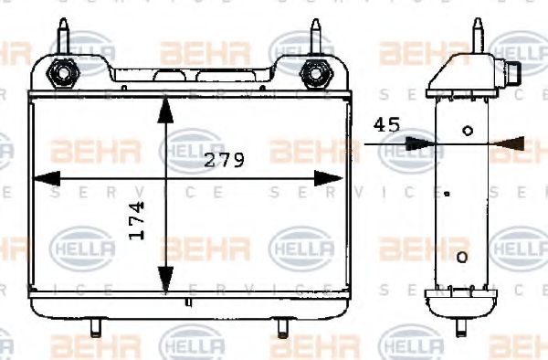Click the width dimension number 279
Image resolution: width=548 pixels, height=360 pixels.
[x=224, y=161]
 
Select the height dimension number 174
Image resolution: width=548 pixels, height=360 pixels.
[x=137, y=221]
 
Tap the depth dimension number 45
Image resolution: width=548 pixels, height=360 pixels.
[x=386, y=125]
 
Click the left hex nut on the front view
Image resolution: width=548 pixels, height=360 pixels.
[x=65, y=70]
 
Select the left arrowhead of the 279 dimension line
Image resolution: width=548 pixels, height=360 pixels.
[x=46, y=178]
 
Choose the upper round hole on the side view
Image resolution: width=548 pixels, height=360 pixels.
[x=469, y=131]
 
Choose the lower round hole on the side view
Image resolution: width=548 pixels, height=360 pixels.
[x=462, y=256]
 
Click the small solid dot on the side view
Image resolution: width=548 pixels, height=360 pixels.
[x=447, y=194]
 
